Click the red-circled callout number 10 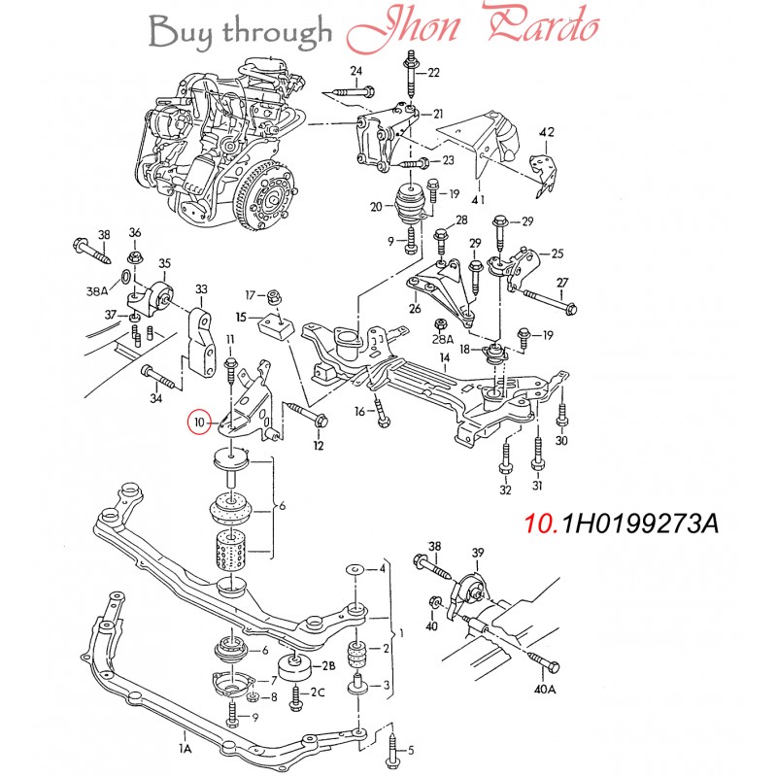click(x=199, y=422)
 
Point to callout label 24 click(x=356, y=72)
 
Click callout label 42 click(x=547, y=132)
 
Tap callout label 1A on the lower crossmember click(x=185, y=749)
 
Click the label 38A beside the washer click(x=97, y=290)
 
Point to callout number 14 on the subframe click(x=444, y=357)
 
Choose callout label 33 click(x=201, y=289)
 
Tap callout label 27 click(x=561, y=282)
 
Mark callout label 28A click(x=444, y=339)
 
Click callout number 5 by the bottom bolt click(x=411, y=749)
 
